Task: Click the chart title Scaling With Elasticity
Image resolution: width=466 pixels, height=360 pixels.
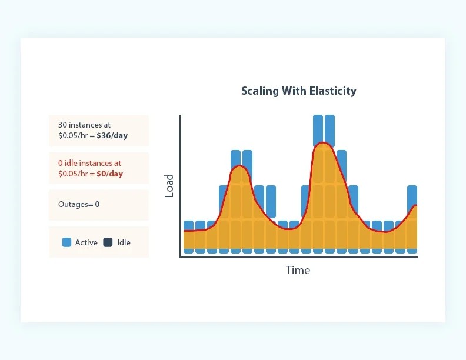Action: tap(299, 91)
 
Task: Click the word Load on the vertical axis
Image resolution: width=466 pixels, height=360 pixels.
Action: tap(169, 185)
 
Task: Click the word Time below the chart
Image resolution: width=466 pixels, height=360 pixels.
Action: tap(298, 270)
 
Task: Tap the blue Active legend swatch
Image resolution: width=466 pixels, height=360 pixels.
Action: tap(66, 242)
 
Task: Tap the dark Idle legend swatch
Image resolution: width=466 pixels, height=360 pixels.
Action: tap(108, 242)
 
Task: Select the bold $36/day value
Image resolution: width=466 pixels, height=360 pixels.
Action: tap(112, 135)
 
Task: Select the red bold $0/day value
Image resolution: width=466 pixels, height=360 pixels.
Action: tap(109, 174)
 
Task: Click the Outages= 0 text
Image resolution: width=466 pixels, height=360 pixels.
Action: tap(79, 204)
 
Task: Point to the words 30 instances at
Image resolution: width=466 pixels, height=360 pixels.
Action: tap(84, 125)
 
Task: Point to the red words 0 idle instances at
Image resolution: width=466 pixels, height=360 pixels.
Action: tap(89, 163)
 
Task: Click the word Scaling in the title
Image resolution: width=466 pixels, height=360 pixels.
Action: tap(258, 91)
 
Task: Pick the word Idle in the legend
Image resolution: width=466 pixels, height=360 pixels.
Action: tap(124, 242)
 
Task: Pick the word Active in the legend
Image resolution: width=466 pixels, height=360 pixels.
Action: tap(86, 242)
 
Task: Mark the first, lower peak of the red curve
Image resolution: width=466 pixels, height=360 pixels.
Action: tap(239, 166)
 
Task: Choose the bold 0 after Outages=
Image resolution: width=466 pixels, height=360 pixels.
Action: tap(97, 204)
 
